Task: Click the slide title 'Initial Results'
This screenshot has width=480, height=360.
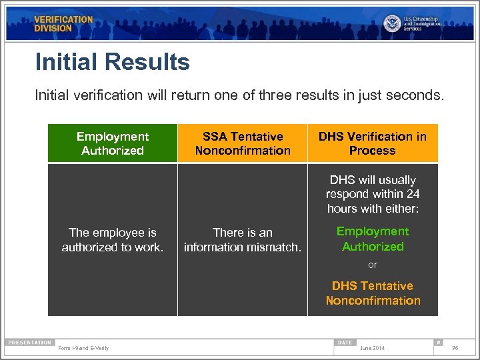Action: [x=112, y=63]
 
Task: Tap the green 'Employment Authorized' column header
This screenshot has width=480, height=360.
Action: [x=113, y=143]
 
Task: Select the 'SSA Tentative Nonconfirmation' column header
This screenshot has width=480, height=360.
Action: [x=243, y=143]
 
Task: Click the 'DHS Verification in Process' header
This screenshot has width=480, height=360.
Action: [x=372, y=143]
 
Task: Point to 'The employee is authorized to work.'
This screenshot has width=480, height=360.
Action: [x=113, y=240]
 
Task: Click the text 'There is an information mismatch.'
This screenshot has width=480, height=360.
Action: [x=243, y=240]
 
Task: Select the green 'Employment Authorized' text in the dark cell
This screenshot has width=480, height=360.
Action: [x=373, y=239]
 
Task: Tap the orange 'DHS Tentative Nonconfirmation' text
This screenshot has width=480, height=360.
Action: [x=373, y=293]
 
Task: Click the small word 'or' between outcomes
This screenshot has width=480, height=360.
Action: [x=373, y=265]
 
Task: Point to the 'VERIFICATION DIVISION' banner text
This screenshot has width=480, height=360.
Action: [x=63, y=24]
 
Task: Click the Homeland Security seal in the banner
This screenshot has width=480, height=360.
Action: [x=392, y=23]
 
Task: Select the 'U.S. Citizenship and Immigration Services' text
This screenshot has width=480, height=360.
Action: [x=421, y=24]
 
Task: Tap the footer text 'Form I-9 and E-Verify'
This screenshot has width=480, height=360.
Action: [x=83, y=348]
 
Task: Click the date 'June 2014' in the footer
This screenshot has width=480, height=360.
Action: [x=371, y=348]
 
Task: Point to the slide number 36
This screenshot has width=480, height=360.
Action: [x=455, y=348]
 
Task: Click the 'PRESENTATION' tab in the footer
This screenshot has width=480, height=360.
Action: [x=30, y=343]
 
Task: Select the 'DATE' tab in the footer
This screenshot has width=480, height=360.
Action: [x=345, y=343]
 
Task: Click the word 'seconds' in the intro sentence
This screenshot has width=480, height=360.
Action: [x=417, y=95]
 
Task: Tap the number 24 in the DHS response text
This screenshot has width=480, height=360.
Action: [x=413, y=194]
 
